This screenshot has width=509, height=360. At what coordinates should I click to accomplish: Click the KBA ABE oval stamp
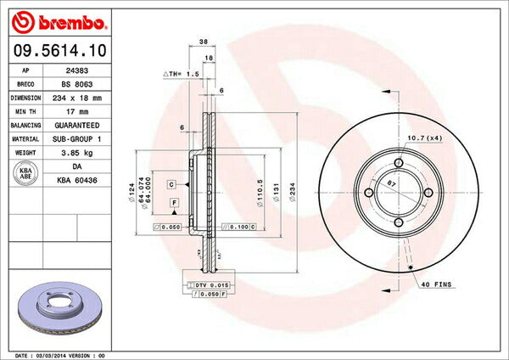click(x=25, y=172)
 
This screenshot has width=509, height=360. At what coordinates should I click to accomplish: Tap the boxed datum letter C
click(x=171, y=184)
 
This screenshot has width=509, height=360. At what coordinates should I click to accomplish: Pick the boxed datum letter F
click(x=174, y=202)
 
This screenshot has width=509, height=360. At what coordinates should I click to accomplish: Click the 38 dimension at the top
click(x=204, y=41)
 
